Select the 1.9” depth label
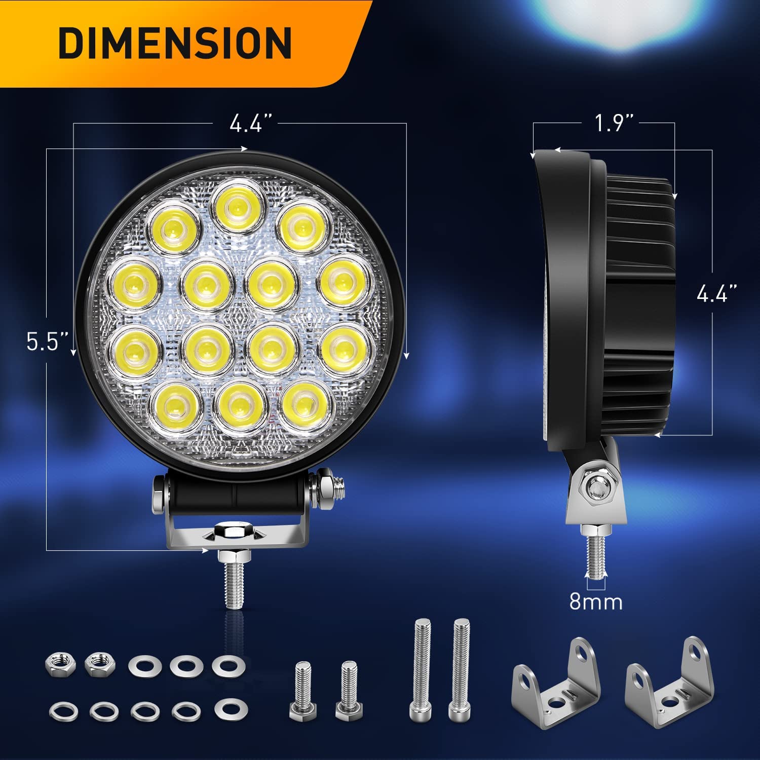[614, 123]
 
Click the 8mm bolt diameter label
[596, 601]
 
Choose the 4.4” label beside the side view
[716, 293]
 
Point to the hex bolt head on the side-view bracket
[597, 488]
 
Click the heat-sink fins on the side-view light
[641, 304]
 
